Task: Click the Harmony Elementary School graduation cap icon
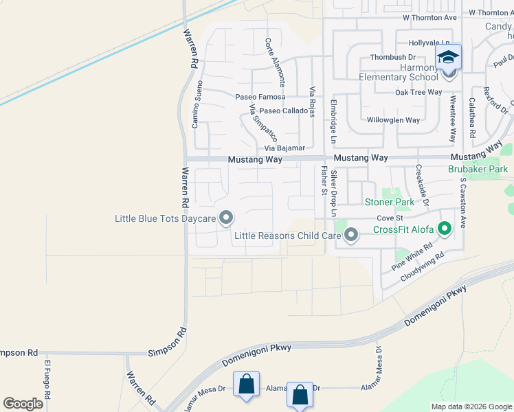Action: click(449, 58)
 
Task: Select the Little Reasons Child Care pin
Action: click(351, 236)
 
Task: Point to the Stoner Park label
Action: click(390, 202)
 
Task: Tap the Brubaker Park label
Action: click(478, 168)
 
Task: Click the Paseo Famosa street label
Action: click(260, 98)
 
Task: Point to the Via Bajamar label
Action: click(284, 148)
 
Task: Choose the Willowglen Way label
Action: click(393, 120)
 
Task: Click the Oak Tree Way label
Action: click(418, 92)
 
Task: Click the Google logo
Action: click(23, 404)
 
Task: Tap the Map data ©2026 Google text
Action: click(471, 407)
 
